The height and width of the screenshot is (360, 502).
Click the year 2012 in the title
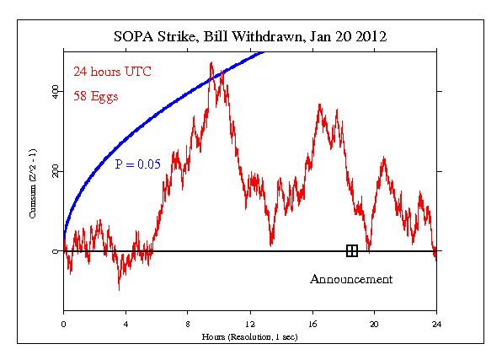coord(367,37)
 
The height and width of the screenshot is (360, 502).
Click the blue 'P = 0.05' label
coord(137,164)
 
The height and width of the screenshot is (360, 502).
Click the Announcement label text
coord(351,279)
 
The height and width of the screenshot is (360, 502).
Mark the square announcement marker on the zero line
coord(351,250)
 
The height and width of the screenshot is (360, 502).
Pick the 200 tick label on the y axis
coord(56,171)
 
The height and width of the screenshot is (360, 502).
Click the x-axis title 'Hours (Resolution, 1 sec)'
coord(249,336)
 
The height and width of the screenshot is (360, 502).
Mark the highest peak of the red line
coord(211,62)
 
